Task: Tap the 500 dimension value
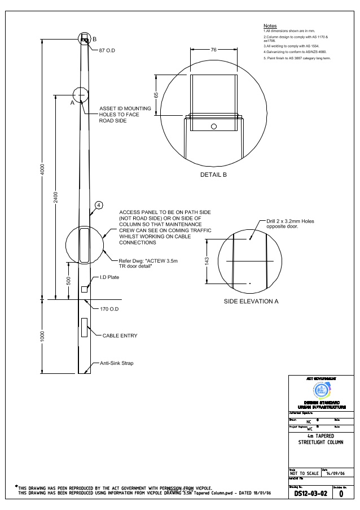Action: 68,281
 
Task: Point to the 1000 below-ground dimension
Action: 43,336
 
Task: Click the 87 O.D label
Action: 109,51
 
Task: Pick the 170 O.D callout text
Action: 111,309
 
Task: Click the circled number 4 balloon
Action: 98,204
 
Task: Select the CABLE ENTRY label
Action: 120,335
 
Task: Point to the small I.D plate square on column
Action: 85,289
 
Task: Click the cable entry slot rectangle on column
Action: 84,326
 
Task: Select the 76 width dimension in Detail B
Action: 213,50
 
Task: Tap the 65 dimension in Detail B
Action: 156,94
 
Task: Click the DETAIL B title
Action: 213,175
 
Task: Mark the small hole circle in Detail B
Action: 213,126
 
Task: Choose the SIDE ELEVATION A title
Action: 251,301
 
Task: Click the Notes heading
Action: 270,27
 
